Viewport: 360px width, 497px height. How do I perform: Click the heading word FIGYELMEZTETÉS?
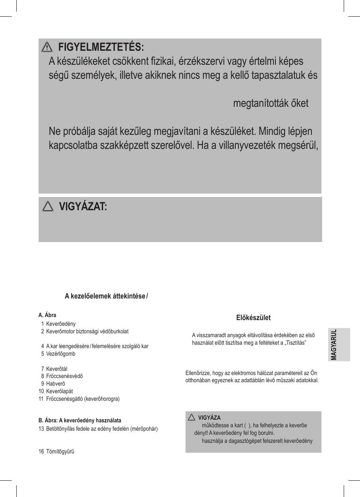[101, 47]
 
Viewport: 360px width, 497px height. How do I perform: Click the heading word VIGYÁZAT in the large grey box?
[83, 206]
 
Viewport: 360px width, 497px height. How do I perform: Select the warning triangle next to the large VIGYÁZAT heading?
[48, 206]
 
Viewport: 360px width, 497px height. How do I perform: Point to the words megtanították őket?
[271, 103]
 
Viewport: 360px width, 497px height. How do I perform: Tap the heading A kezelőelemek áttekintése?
[105, 296]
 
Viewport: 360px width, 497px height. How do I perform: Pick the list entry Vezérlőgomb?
[61, 354]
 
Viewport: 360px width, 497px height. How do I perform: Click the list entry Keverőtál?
[57, 369]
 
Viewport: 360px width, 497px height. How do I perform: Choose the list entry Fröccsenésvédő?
[64, 376]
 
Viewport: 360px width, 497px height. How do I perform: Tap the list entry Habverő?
[56, 384]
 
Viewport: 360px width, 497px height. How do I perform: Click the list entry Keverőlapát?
[59, 391]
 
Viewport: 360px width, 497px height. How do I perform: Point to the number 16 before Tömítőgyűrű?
[41, 452]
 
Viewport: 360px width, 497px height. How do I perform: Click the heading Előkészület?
[253, 318]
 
